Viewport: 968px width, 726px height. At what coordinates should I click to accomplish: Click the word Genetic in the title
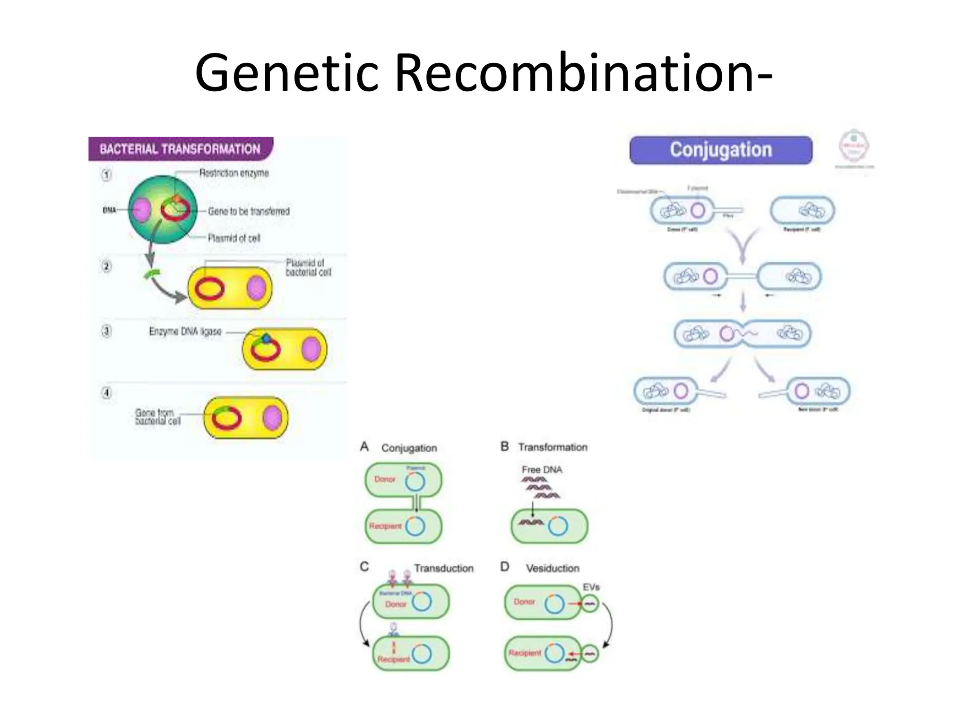coord(286,73)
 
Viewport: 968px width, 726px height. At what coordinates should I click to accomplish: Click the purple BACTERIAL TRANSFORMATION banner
coord(180,149)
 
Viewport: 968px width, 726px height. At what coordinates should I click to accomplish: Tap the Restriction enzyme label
coord(233,173)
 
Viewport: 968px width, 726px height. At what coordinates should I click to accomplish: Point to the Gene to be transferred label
coord(249,211)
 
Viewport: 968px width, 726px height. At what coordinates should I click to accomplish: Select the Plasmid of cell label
coord(234,238)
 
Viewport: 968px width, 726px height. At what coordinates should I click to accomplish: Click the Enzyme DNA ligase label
coord(185,332)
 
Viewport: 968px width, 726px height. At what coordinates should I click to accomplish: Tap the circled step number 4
coord(107,393)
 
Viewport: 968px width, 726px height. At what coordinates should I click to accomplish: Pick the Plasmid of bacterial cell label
coord(308,268)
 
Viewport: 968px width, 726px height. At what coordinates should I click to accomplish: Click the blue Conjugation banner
coord(720,150)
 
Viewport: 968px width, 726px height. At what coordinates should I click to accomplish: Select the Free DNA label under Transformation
coord(542,469)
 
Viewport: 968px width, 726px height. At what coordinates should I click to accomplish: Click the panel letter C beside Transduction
coord(364,566)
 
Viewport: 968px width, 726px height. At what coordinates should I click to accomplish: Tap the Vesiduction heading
coord(552,568)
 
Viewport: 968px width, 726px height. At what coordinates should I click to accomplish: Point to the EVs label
coord(591,587)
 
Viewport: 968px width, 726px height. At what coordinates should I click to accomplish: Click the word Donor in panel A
coord(384,479)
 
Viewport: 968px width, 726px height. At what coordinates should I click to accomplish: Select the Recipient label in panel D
coord(524,653)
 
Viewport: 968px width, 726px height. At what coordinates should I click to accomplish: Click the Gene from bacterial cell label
coord(157,416)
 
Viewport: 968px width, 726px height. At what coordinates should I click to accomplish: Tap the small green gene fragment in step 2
coord(152,274)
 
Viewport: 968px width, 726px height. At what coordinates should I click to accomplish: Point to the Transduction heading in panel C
coord(443,568)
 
